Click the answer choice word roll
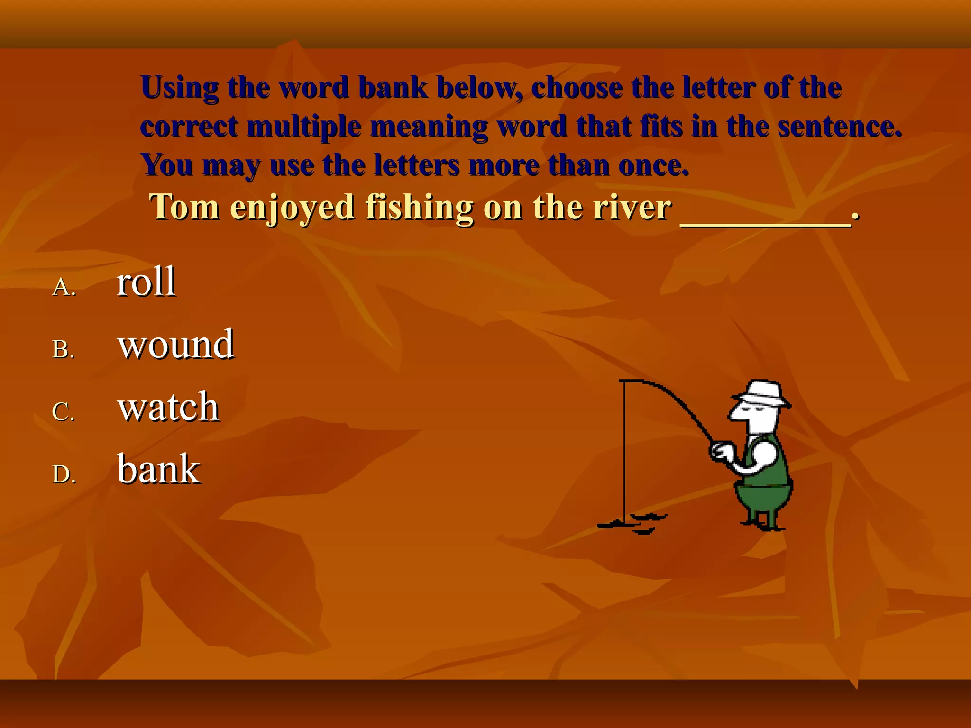(x=146, y=282)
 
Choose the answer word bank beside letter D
(x=159, y=469)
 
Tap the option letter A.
(x=64, y=287)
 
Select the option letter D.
(x=64, y=474)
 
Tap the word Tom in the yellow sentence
(x=184, y=208)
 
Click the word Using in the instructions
(x=180, y=88)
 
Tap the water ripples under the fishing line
(x=633, y=523)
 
